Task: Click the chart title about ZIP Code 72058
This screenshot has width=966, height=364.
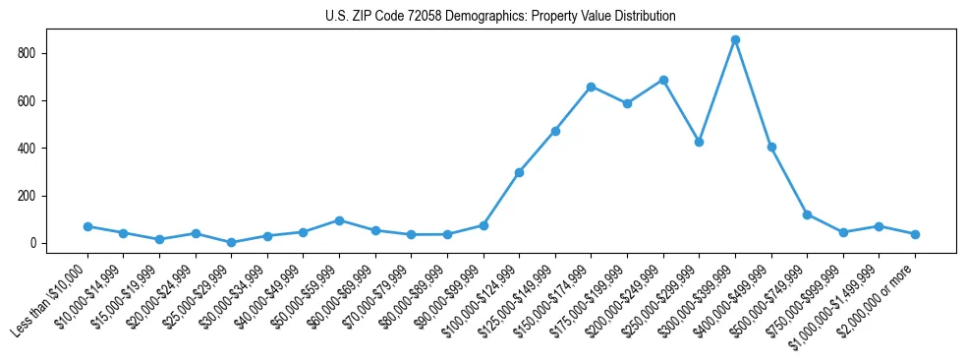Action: tap(500, 16)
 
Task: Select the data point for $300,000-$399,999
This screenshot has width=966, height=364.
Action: tap(735, 40)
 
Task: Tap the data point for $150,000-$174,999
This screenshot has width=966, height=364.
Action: tap(591, 87)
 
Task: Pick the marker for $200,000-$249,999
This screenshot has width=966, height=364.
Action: tap(663, 80)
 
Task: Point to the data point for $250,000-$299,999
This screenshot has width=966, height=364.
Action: tap(699, 142)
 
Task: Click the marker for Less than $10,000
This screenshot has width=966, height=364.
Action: tap(87, 226)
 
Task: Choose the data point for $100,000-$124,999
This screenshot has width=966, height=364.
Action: tap(519, 172)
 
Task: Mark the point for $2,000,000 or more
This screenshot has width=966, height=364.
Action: tap(915, 234)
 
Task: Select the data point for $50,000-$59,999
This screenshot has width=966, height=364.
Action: tap(339, 220)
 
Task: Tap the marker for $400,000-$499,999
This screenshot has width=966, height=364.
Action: tap(771, 147)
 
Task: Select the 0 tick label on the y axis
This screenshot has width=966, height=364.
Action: tap(34, 243)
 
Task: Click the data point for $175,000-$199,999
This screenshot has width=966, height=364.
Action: tap(627, 103)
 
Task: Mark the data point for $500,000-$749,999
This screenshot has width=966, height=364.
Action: tap(807, 214)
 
